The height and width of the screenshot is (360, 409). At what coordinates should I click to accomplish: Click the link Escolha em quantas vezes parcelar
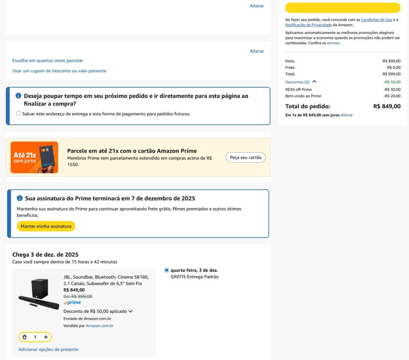point(48,60)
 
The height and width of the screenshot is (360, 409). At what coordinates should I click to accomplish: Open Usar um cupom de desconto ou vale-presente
point(59,71)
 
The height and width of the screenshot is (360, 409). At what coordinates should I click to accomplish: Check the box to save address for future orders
point(18,113)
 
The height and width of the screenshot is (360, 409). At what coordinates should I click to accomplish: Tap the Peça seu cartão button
point(246,157)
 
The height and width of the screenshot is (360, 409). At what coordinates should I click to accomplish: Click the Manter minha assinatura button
point(46,226)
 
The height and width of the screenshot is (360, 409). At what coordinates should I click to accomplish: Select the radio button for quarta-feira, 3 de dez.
point(167,270)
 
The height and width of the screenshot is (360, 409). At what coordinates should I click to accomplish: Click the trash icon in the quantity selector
point(24,337)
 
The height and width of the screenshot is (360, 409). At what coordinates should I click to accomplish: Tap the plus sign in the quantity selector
point(46,337)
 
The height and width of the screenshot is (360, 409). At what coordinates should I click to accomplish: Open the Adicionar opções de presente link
point(48,350)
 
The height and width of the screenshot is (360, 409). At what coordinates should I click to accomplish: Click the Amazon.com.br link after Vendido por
point(99,326)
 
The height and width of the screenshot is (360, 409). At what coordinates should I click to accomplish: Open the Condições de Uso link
point(376,20)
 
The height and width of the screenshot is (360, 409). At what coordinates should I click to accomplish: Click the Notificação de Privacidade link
point(308,25)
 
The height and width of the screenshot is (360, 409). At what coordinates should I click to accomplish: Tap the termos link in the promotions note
point(334,43)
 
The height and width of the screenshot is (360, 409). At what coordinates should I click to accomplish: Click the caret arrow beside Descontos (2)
point(314,82)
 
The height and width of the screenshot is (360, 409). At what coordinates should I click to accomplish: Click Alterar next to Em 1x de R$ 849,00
point(346,115)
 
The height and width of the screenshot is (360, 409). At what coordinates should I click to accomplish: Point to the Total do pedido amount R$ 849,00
point(387,106)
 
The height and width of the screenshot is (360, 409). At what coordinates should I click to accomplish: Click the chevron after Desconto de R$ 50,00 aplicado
point(131,312)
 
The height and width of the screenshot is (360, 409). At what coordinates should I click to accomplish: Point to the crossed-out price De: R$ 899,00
point(78,296)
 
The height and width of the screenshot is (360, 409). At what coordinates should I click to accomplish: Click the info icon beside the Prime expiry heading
point(20,198)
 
